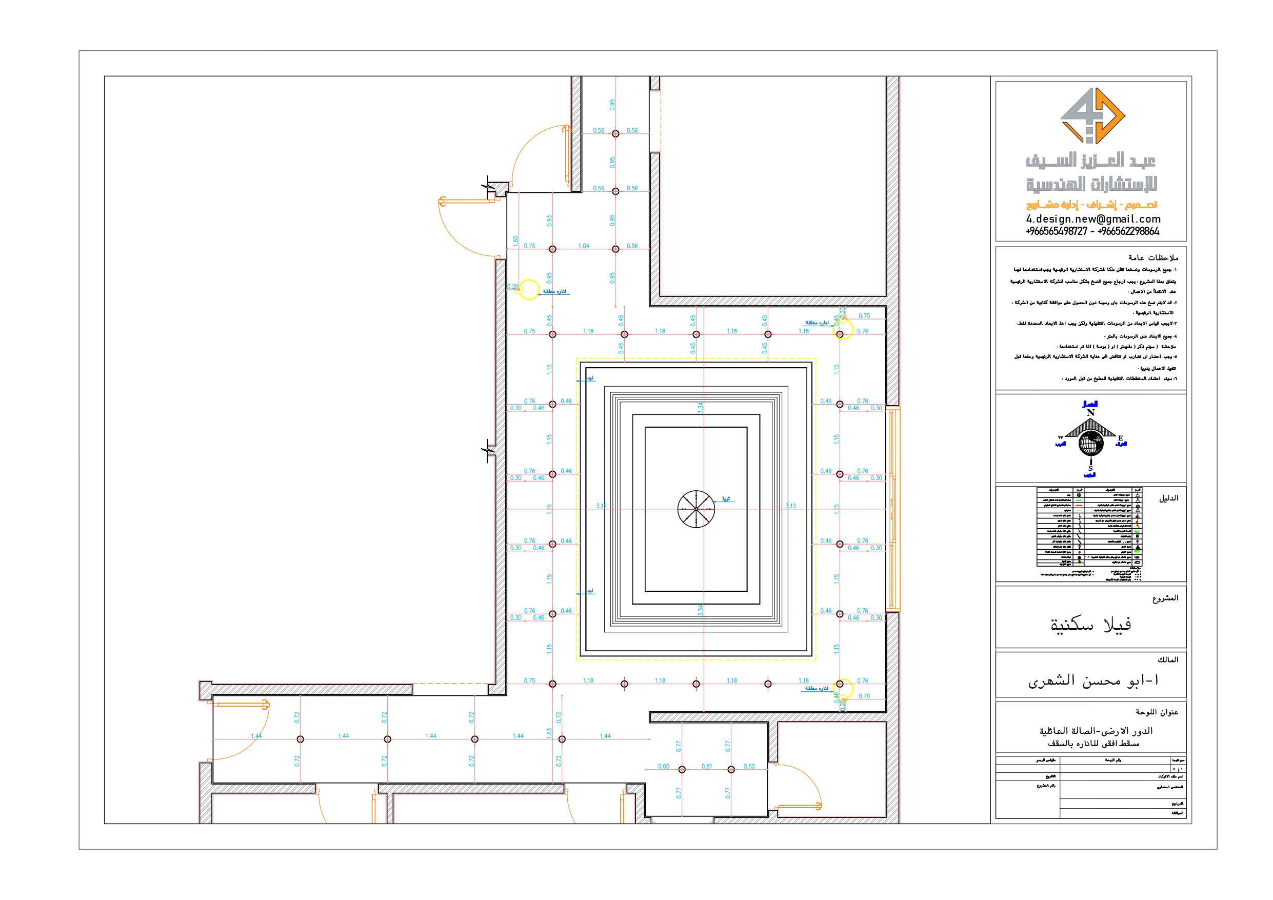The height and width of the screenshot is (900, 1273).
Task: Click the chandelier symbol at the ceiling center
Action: coord(696,509)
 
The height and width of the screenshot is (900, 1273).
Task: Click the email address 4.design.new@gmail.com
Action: coord(1093,219)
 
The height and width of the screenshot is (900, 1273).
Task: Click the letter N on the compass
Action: coord(1090,413)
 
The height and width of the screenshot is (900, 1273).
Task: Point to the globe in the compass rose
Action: coord(1090,443)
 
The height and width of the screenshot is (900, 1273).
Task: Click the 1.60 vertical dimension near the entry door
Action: coord(515,241)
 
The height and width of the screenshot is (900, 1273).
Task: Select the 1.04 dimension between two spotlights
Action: coord(584,246)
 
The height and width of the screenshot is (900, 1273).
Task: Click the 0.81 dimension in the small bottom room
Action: coord(706,766)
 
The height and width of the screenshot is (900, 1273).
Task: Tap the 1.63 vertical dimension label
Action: coord(549,733)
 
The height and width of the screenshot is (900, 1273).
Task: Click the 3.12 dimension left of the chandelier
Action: coord(601,506)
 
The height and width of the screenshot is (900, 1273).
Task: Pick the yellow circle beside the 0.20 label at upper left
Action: coord(529,289)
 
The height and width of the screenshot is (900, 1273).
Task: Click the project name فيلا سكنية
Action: coord(1090,625)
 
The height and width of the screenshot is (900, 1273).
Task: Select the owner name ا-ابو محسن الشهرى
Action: coord(1093,681)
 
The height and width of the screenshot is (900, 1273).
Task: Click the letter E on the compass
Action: coord(1121,438)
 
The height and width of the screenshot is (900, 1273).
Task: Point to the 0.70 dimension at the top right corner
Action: coord(864,316)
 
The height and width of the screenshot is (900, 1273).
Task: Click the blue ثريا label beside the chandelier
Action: coord(726,498)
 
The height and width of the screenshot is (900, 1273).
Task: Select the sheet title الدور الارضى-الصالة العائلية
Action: coord(1096,731)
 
